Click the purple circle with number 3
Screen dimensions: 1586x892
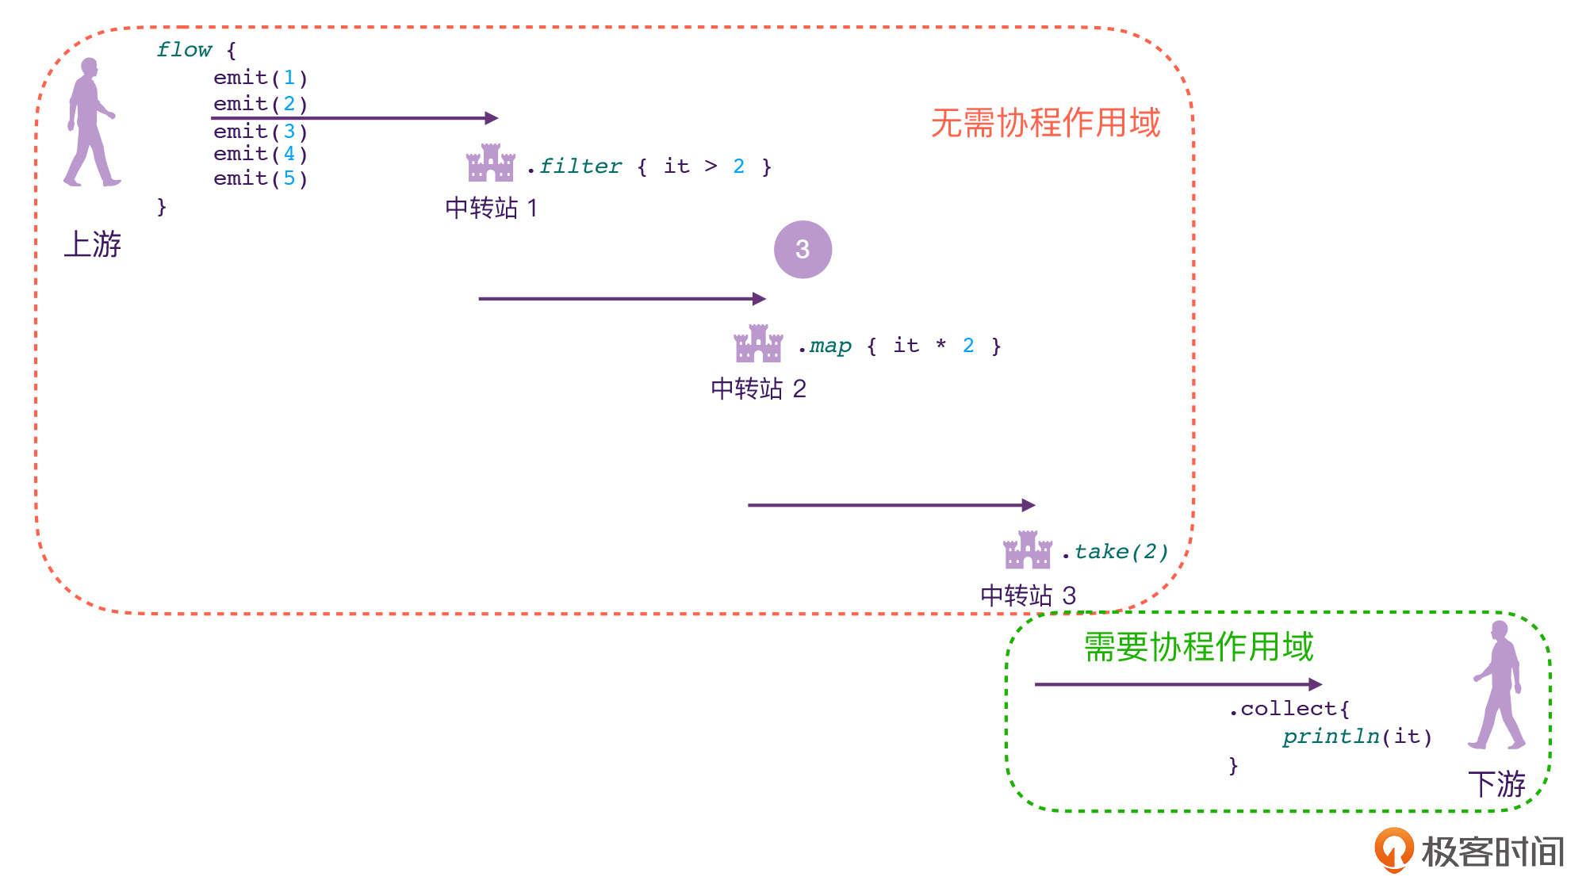[803, 250]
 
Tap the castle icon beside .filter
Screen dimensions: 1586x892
[491, 163]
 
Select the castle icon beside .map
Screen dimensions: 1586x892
[758, 343]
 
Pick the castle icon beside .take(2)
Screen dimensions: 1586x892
[1028, 549]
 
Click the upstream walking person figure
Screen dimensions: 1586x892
[90, 122]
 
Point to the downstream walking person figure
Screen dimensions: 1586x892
[1497, 685]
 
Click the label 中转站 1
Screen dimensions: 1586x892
[492, 208]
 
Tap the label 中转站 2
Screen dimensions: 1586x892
[758, 389]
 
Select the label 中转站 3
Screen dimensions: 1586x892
[1028, 595]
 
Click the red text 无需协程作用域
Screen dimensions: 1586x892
[1045, 123]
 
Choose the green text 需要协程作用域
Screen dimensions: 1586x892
[1198, 646]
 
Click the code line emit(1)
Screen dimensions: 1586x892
[260, 78]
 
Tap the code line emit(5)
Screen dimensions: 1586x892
[260, 178]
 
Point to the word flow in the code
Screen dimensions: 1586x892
[184, 50]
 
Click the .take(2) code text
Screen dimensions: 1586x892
[1115, 552]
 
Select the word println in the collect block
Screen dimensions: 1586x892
[1331, 737]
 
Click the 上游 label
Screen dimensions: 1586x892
[93, 244]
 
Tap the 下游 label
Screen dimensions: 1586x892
[1496, 784]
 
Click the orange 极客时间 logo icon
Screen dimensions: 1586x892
[1393, 850]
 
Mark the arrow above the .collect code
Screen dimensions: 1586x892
[1178, 684]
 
